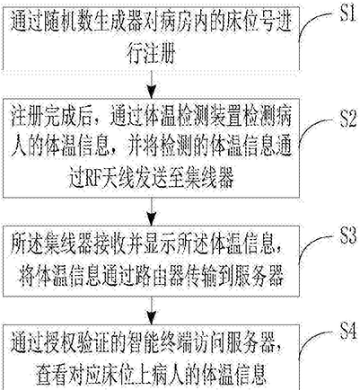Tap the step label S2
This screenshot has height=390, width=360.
(349, 119)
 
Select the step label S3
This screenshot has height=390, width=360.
(349, 236)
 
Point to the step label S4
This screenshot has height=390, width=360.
(349, 332)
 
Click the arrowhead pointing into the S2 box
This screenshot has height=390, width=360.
(152, 92)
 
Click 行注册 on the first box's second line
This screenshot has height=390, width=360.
(152, 54)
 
